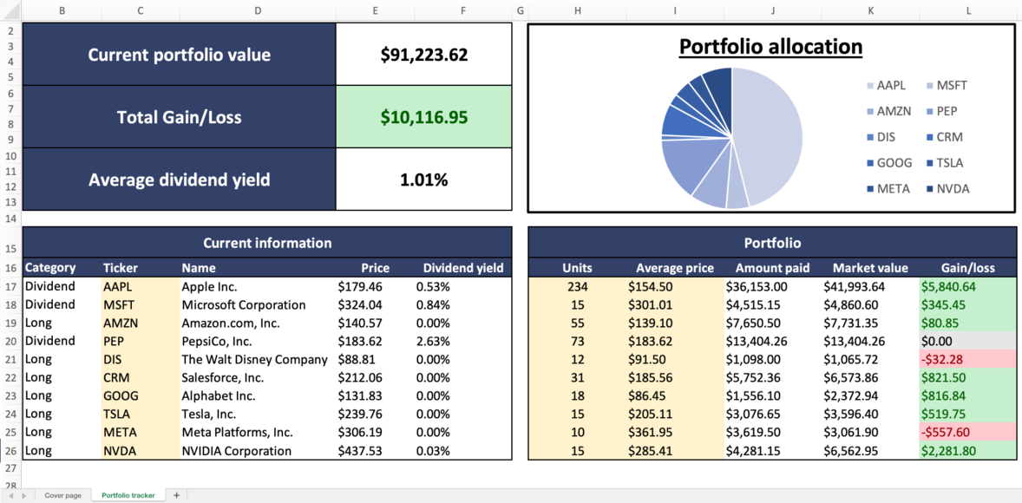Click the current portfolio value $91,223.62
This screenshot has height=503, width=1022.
423,55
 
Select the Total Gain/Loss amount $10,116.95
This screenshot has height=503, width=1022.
423,117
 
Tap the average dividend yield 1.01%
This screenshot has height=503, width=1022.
423,180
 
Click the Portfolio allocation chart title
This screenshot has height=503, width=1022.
770,47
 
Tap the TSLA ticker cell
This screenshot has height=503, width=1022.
117,414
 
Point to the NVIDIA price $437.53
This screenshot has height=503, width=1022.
359,450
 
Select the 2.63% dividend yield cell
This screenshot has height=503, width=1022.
433,341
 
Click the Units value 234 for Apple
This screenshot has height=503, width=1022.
577,286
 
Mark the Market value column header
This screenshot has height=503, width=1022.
870,268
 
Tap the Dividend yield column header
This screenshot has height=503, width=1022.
462,268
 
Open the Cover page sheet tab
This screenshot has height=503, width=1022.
62,495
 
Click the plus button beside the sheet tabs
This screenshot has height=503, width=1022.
176,495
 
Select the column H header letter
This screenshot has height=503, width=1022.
577,10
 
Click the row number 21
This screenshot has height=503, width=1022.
10,359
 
